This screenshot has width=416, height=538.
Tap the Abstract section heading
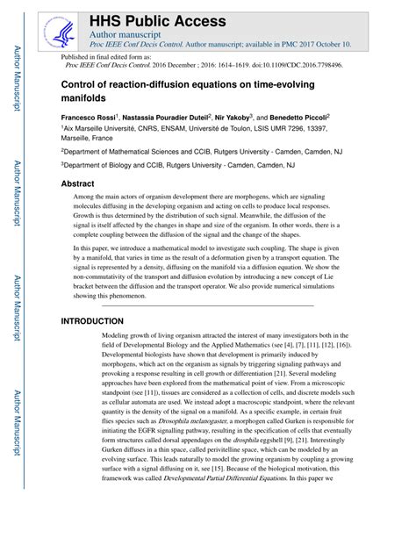pyautogui.click(x=79, y=184)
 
